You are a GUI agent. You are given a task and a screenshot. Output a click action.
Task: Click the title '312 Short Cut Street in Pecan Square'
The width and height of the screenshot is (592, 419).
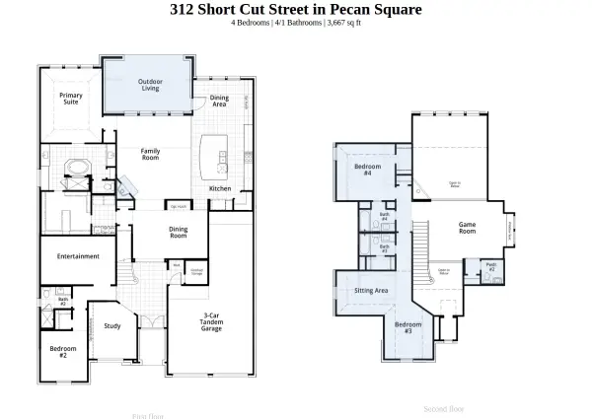pyautogui.click(x=296, y=9)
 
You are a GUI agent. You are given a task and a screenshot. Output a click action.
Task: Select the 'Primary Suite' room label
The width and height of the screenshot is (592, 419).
pyautogui.click(x=70, y=99)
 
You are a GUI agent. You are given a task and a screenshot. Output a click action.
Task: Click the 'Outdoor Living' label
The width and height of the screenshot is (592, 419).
pyautogui.click(x=150, y=85)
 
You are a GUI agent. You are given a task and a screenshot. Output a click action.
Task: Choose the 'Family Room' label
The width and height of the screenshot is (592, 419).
pyautogui.click(x=150, y=154)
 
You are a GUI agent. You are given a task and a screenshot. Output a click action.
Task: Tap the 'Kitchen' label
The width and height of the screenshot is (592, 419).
pyautogui.click(x=220, y=188)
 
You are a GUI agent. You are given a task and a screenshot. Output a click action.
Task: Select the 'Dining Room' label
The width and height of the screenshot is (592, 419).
pyautogui.click(x=178, y=232)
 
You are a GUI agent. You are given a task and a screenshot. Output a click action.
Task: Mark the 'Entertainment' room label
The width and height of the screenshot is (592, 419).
pyautogui.click(x=78, y=256)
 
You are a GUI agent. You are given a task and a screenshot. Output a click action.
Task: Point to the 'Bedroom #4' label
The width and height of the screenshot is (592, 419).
pyautogui.click(x=362, y=170)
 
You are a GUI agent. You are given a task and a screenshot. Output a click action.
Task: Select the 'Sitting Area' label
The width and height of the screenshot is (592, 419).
pyautogui.click(x=371, y=291)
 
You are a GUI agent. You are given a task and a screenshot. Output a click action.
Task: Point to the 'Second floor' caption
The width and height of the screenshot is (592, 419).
pyautogui.click(x=443, y=407)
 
